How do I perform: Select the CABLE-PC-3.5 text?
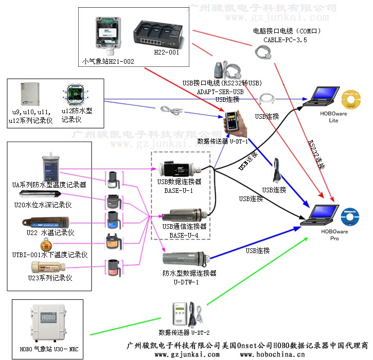(x=285, y=39)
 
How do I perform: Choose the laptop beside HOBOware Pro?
(x=318, y=214)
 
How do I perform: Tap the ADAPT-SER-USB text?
(x=220, y=91)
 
